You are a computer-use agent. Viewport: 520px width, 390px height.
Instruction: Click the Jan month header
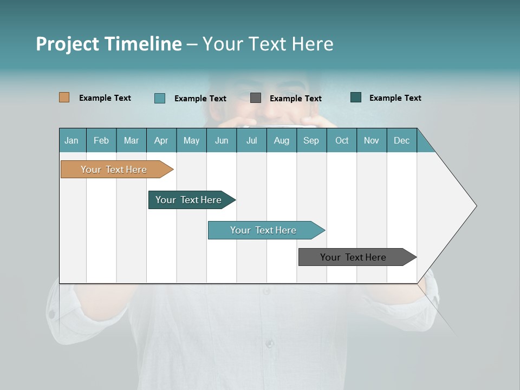(71, 140)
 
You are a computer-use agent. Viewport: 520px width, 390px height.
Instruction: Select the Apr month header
(161, 140)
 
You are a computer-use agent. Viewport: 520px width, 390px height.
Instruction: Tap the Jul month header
(251, 140)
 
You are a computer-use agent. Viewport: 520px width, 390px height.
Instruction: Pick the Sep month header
(311, 140)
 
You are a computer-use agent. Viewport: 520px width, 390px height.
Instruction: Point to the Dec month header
(401, 140)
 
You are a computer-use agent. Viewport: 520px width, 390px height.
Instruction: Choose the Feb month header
(101, 140)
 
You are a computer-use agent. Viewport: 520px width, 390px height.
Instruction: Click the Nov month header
(371, 140)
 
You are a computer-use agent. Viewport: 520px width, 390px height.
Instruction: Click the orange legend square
(64, 97)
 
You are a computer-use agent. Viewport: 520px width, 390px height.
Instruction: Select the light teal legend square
(160, 98)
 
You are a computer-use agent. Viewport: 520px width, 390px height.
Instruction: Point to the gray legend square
(256, 97)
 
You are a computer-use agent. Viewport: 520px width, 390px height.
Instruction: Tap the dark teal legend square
(356, 97)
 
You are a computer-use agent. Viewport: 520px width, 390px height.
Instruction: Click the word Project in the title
(68, 44)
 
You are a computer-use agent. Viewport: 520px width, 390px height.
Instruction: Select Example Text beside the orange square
(105, 98)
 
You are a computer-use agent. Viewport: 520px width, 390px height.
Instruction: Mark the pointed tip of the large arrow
(476, 205)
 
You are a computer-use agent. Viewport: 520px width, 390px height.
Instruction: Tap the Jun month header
(222, 140)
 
